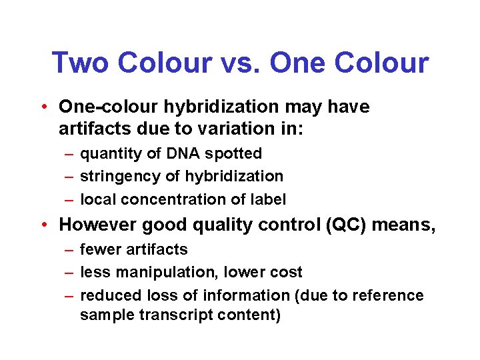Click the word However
coord(93,225)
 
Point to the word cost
coord(287,272)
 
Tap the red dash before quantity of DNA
coord(69,154)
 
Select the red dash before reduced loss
coord(69,295)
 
